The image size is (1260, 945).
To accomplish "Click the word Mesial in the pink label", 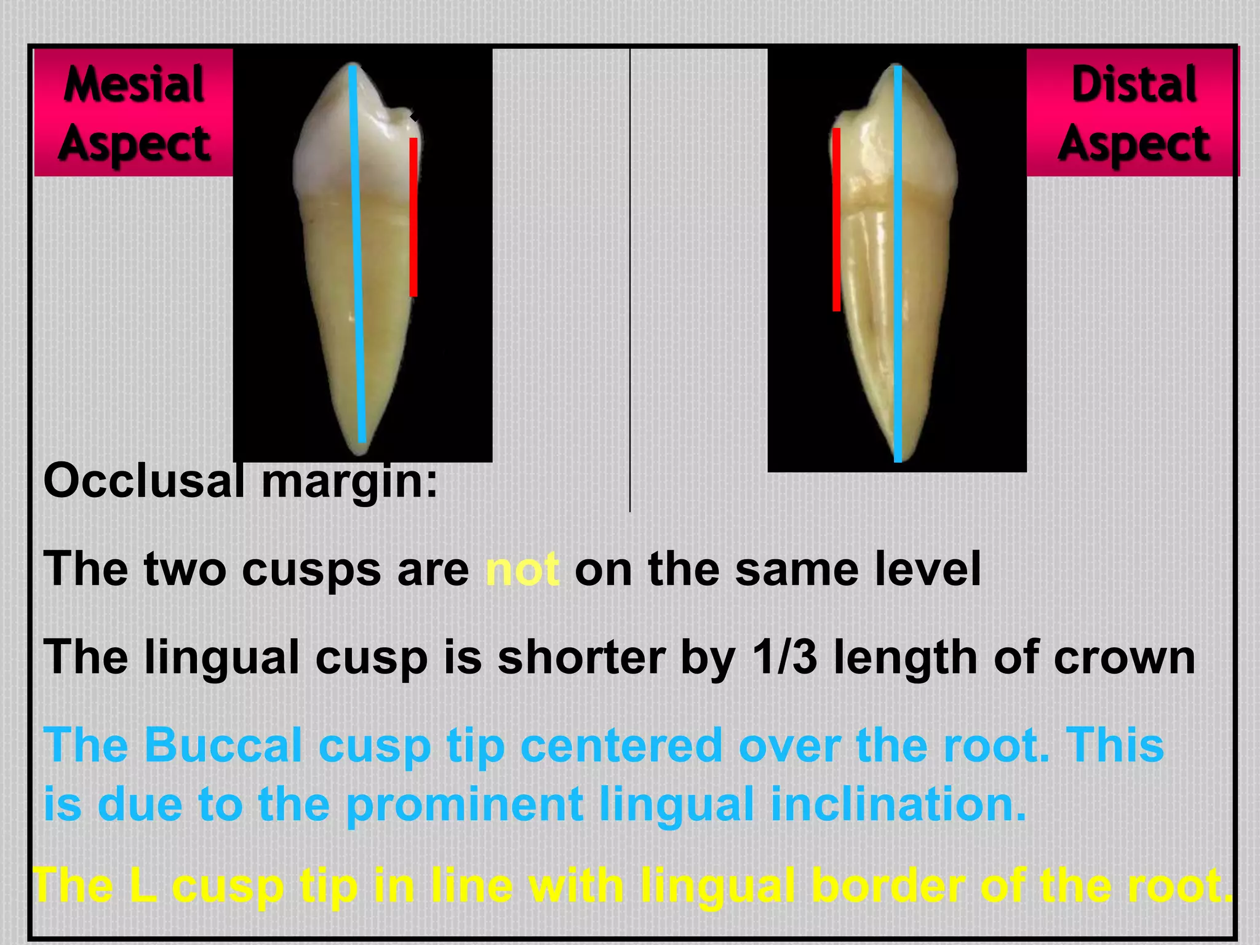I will (x=134, y=84).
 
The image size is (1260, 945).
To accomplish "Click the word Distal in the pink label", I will (x=1134, y=84).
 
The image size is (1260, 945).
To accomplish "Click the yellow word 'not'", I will (x=522, y=569).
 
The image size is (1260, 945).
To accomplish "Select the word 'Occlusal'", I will (x=144, y=480).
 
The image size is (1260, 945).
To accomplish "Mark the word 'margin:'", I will (x=349, y=480).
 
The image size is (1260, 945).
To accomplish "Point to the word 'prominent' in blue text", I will (x=465, y=804).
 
